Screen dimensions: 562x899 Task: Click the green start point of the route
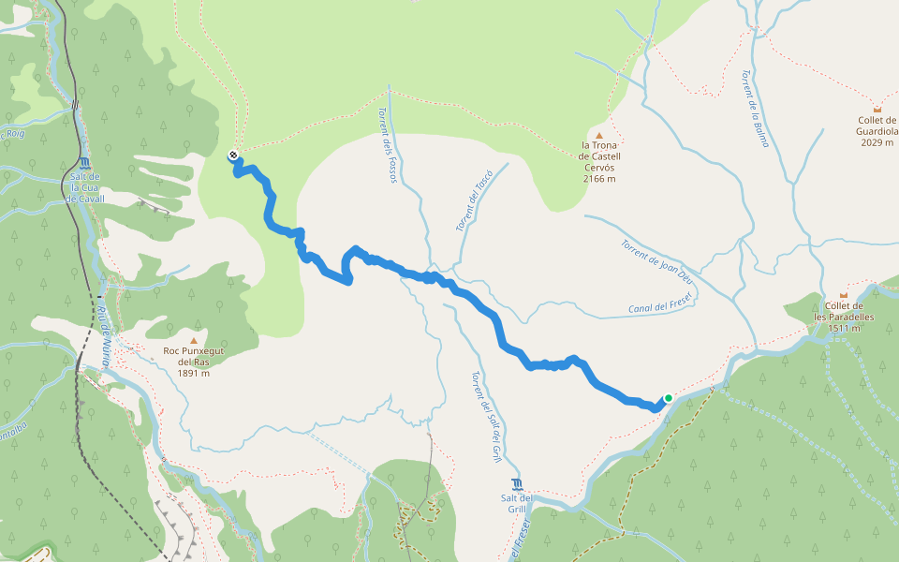click(668, 398)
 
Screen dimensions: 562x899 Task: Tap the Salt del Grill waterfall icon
click(518, 484)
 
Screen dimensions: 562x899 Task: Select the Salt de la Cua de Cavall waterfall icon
click(84, 162)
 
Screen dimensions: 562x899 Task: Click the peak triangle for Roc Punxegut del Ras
click(194, 341)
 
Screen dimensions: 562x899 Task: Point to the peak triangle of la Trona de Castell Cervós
click(599, 136)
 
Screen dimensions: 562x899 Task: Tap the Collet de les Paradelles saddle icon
click(843, 295)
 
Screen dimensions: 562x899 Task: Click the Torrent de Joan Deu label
click(656, 261)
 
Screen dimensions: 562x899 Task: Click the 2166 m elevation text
click(599, 179)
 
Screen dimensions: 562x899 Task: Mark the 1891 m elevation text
click(193, 373)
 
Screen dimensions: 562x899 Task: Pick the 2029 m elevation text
click(877, 142)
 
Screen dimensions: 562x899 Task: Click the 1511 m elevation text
click(844, 328)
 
